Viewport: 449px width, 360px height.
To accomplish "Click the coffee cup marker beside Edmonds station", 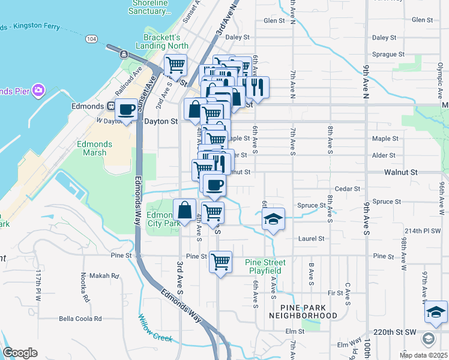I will [x=127, y=109].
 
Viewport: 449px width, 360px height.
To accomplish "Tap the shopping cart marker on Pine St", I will [x=221, y=261].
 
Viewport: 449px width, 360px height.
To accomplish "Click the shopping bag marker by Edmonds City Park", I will [x=185, y=211].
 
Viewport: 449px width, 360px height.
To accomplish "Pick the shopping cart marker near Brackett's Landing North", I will [x=175, y=64].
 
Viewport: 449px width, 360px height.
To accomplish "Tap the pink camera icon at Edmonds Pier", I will [x=39, y=91].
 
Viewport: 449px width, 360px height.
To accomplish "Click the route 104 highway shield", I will [x=91, y=38].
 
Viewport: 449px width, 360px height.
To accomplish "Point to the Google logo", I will [x=20, y=353].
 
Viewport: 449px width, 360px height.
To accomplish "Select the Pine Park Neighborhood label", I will [x=303, y=311].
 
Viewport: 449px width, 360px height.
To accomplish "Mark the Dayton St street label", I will [x=161, y=121].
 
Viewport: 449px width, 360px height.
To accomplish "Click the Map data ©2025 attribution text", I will [x=423, y=355].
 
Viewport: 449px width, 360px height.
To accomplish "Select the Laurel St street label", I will [x=312, y=238].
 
